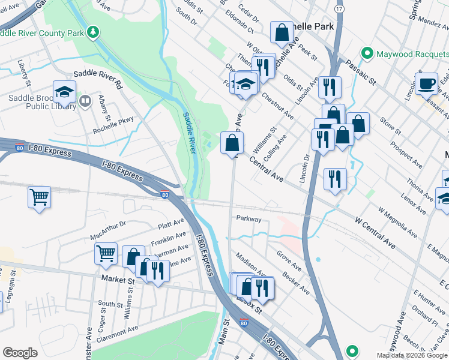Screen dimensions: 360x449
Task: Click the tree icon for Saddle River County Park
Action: coord(92,32)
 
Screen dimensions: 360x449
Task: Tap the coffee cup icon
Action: coord(426,83)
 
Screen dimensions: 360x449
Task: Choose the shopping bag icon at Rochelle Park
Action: coord(282,33)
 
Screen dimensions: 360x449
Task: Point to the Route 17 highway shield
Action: coord(340,10)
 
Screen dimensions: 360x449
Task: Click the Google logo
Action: coord(20,353)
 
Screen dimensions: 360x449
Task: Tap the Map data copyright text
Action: coord(412,355)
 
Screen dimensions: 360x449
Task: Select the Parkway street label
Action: coord(249,220)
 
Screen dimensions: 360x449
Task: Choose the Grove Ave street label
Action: coord(288,262)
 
